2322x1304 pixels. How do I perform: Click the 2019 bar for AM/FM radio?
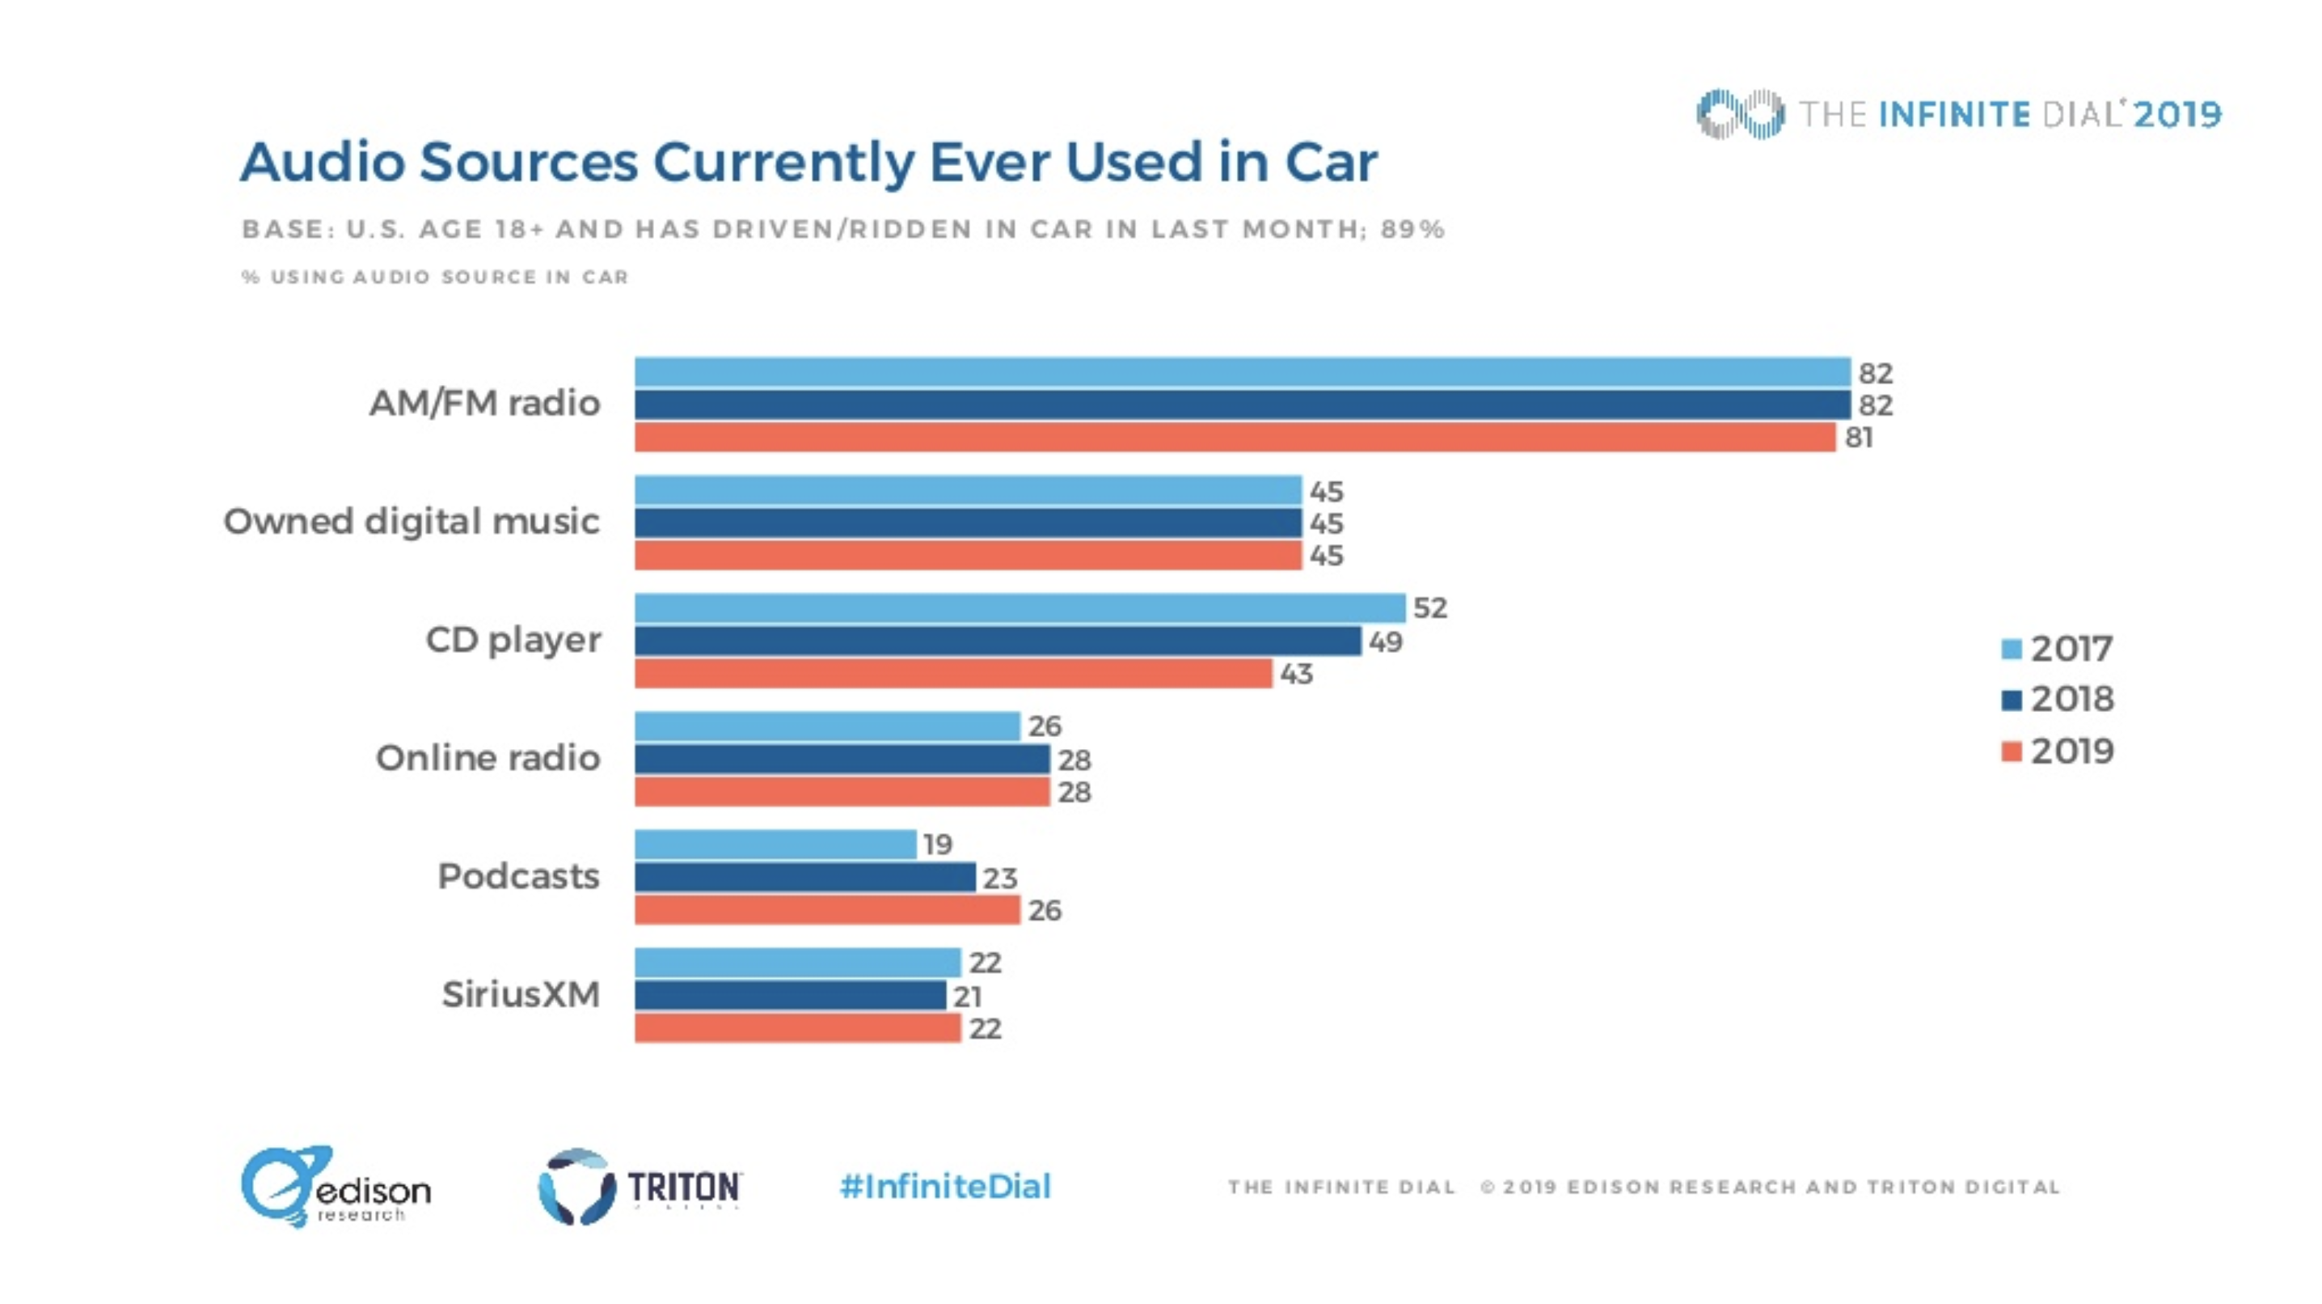[1235, 438]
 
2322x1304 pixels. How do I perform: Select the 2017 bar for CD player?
[1020, 608]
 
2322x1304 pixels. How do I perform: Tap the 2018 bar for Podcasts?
[805, 877]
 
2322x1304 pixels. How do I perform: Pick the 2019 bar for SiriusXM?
[798, 1028]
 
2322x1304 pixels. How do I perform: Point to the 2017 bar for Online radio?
[827, 726]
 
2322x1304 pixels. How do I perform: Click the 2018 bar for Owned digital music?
[968, 523]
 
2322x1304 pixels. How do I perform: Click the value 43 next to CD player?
[1296, 674]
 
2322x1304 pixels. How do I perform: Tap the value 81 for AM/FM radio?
[1859, 438]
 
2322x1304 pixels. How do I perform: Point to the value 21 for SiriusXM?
[967, 997]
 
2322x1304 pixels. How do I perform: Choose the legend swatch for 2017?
[2011, 650]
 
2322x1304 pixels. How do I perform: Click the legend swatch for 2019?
[2011, 751]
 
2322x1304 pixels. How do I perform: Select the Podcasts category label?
[518, 877]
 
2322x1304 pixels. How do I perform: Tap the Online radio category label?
[488, 759]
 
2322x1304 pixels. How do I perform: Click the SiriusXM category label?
[520, 995]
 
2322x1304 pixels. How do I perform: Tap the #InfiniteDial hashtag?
[944, 1186]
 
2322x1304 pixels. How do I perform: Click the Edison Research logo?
[335, 1186]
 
